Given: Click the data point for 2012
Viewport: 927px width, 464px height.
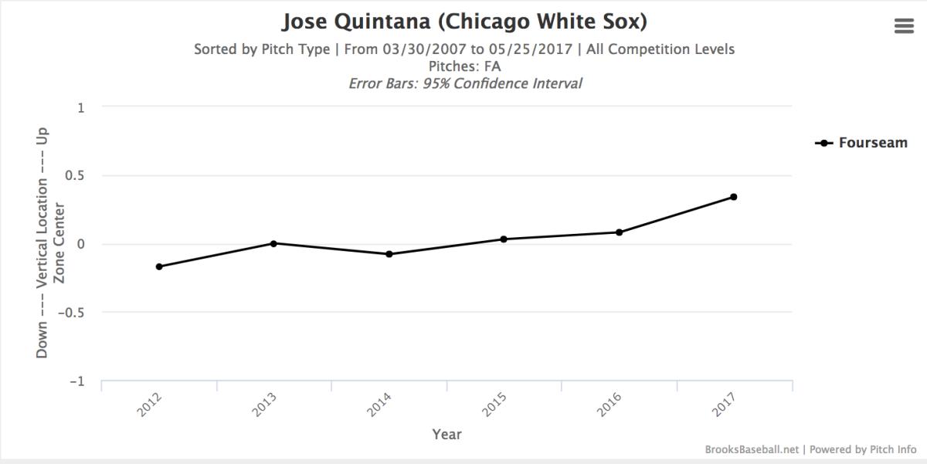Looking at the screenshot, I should pyautogui.click(x=159, y=266).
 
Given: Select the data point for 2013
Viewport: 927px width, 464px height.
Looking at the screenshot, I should pyautogui.click(x=273, y=243).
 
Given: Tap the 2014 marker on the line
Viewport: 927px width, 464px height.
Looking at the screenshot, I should pyautogui.click(x=389, y=254).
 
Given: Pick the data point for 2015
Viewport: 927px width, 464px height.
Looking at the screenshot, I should pyautogui.click(x=504, y=239).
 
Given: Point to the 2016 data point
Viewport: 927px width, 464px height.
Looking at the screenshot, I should pyautogui.click(x=619, y=232).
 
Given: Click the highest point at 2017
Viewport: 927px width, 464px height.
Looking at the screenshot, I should pyautogui.click(x=733, y=197).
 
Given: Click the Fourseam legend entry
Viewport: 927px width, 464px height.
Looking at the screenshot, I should pyautogui.click(x=861, y=143).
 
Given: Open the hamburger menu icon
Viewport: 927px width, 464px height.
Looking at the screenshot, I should pyautogui.click(x=903, y=26).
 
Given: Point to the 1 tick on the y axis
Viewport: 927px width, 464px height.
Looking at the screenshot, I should pyautogui.click(x=81, y=107).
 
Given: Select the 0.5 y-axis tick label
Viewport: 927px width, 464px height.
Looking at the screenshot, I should pyautogui.click(x=75, y=176).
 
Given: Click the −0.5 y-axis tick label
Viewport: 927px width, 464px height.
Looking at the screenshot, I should pyautogui.click(x=72, y=313).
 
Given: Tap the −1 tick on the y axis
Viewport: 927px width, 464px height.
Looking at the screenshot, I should pyautogui.click(x=78, y=381).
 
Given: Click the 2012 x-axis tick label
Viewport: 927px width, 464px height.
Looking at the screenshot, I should pyautogui.click(x=150, y=405).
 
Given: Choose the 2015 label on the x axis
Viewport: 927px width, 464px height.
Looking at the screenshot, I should pyautogui.click(x=494, y=405).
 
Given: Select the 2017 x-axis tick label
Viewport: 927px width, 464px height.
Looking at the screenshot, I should pyautogui.click(x=724, y=405).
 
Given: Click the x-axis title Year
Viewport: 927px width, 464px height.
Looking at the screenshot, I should pyautogui.click(x=447, y=435).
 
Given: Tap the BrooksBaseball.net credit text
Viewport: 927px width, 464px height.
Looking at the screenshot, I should pyautogui.click(x=752, y=449).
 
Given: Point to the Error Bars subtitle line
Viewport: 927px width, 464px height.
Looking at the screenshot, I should pyautogui.click(x=464, y=83).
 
